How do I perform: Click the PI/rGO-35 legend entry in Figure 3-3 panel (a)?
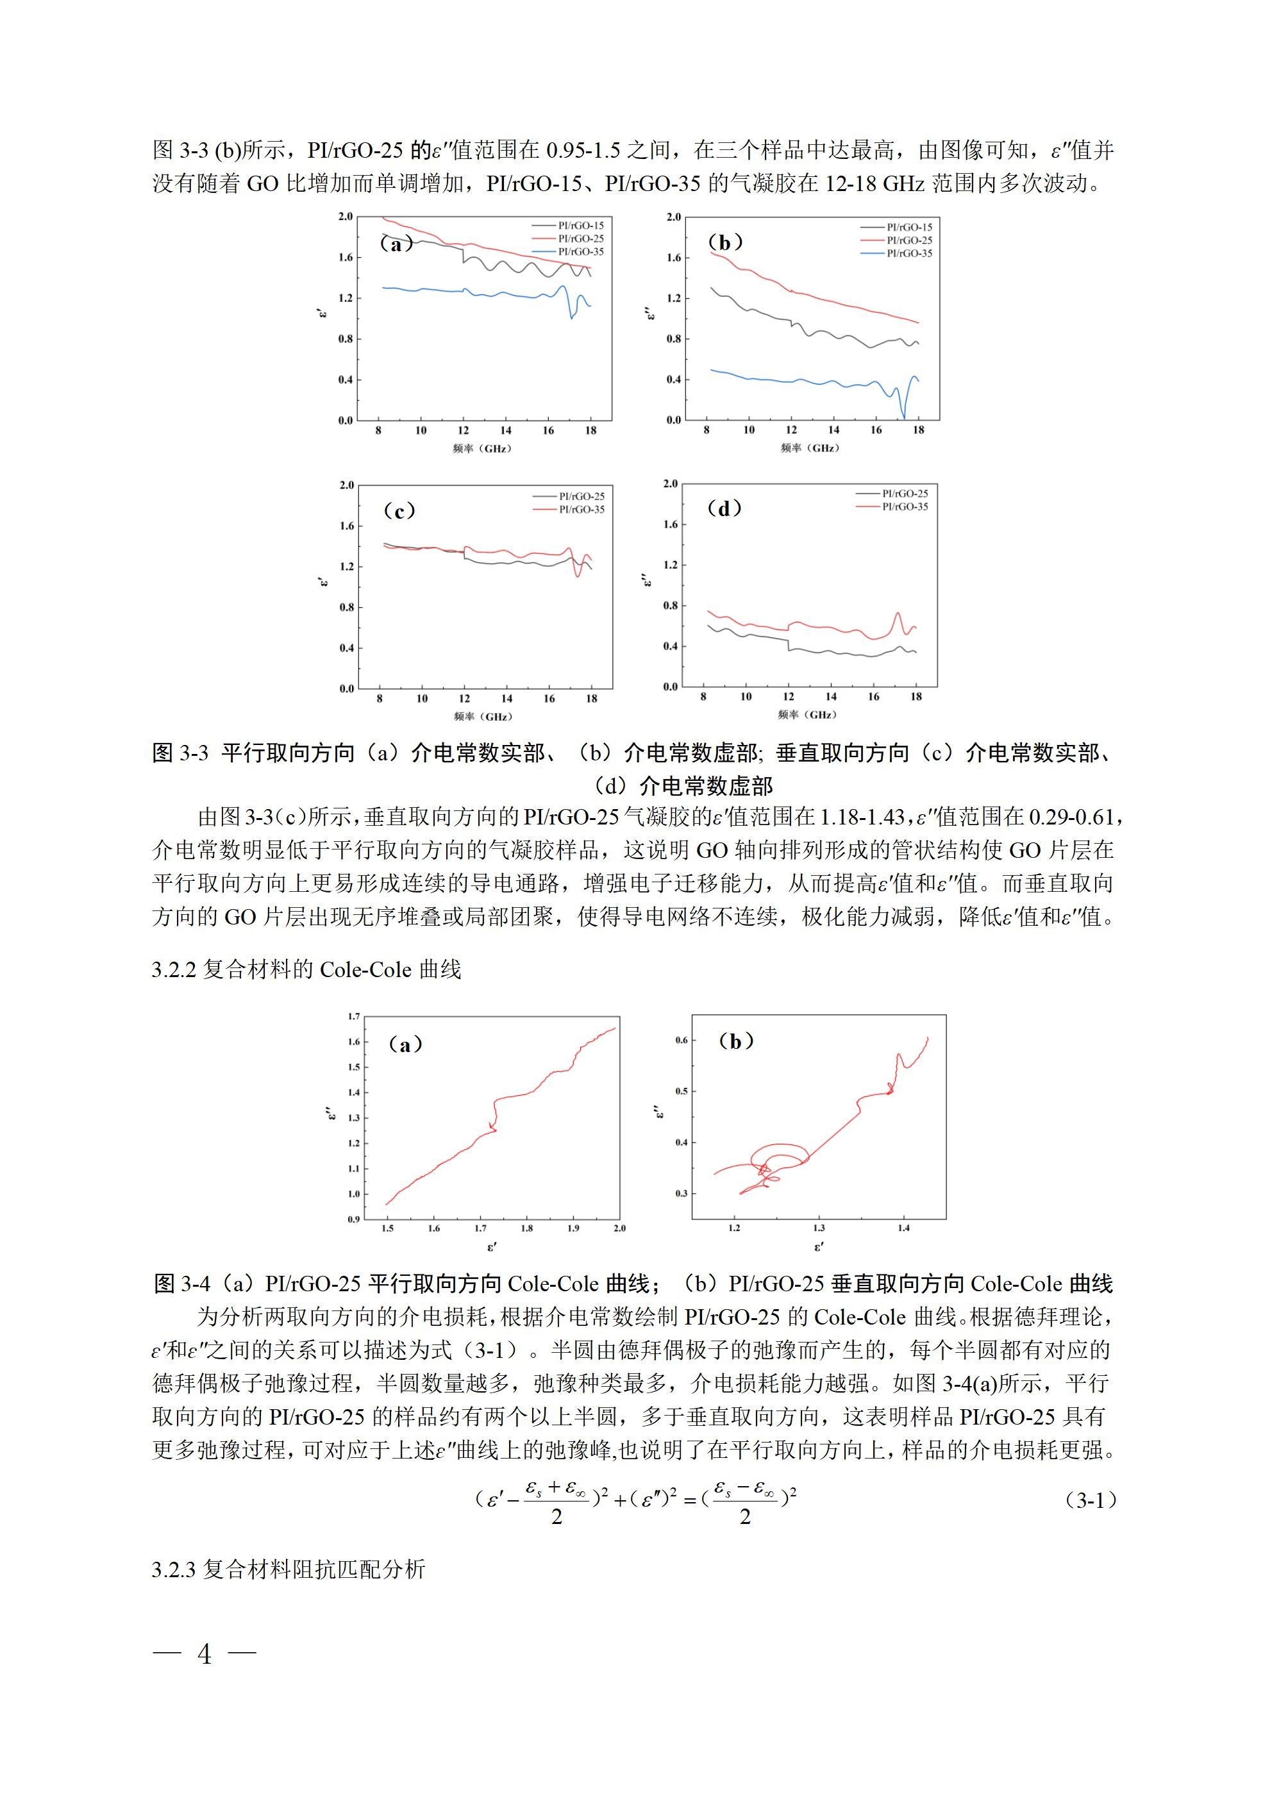(x=580, y=251)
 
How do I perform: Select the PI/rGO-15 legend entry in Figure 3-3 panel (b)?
(x=908, y=227)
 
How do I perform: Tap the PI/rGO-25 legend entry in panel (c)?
(x=581, y=496)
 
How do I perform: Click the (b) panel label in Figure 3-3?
(x=724, y=242)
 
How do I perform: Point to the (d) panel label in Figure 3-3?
(x=723, y=508)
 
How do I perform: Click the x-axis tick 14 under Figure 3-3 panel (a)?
(x=505, y=430)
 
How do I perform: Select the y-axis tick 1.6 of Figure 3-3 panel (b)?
(x=673, y=258)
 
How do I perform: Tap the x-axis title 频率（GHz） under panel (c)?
(x=483, y=716)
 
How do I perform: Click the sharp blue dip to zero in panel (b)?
(x=903, y=416)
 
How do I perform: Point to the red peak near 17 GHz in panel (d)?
(x=898, y=614)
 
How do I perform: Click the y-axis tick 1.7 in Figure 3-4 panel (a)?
(x=353, y=1016)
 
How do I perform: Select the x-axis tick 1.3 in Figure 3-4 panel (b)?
(x=818, y=1228)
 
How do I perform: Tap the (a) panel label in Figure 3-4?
(x=405, y=1044)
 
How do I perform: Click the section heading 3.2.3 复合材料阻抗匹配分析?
(x=289, y=1569)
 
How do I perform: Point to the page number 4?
(x=205, y=1653)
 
